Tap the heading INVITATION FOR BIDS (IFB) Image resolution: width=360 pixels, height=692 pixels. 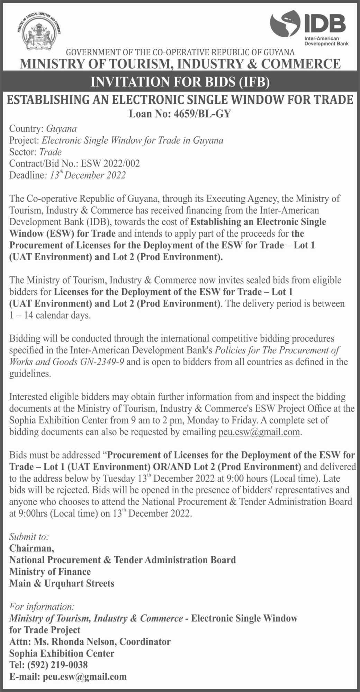180,82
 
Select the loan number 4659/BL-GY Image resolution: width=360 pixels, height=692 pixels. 200,113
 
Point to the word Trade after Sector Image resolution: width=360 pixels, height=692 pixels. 51,152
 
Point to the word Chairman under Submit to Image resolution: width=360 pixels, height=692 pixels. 31,548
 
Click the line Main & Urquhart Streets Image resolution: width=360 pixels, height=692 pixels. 62,583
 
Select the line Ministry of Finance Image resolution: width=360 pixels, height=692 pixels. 50,572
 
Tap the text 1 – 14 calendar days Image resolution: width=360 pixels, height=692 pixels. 50,316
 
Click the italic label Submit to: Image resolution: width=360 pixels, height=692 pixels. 29,537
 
